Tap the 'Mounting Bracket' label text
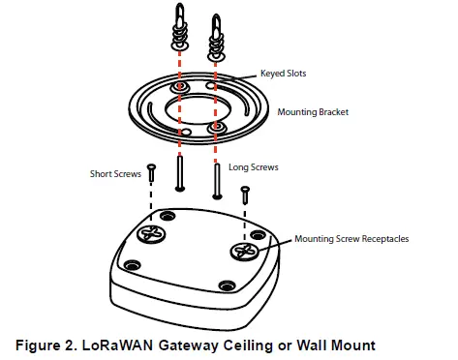pos(313,111)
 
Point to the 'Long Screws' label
pos(254,166)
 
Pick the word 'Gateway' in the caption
pos(192,344)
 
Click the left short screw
pos(151,174)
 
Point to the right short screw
pos(245,193)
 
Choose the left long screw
pos(180,174)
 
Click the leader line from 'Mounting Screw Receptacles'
pos(277,243)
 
